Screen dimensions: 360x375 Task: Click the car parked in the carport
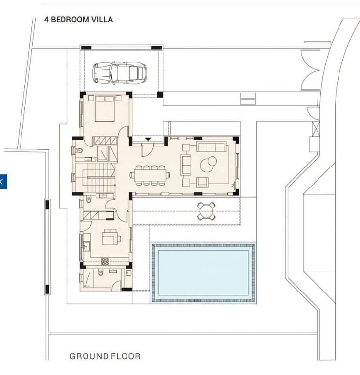[119, 73]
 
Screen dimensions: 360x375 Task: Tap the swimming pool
[203, 272]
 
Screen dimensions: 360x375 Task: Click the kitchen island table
[111, 238]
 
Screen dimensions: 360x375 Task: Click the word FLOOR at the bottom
[126, 356]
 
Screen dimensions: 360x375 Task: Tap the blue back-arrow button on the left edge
[3, 182]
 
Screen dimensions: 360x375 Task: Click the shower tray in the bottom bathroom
[88, 279]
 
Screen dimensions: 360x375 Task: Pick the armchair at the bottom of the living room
[202, 182]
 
